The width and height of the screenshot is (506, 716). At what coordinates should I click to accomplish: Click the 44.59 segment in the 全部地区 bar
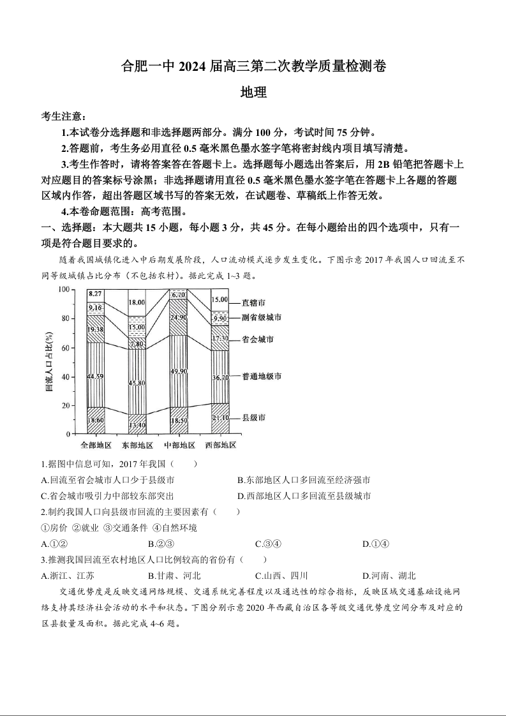click(96, 377)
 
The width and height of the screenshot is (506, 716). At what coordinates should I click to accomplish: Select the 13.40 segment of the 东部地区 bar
click(137, 424)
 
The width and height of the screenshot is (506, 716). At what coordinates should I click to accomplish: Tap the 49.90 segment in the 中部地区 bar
click(179, 371)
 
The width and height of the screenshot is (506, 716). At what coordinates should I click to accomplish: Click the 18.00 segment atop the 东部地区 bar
click(137, 302)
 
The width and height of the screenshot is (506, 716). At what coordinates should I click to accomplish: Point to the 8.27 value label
click(96, 294)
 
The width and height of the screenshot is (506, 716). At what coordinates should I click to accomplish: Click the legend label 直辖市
click(254, 302)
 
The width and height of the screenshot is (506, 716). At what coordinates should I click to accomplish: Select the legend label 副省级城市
click(262, 317)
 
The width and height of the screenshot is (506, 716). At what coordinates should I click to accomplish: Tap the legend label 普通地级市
click(262, 377)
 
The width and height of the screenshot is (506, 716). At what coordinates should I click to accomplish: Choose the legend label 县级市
click(254, 417)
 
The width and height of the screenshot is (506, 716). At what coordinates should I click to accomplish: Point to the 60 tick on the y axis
click(64, 347)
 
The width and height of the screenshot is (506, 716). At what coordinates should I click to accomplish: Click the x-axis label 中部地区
click(179, 445)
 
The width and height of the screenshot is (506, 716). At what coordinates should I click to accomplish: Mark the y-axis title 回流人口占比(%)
click(49, 361)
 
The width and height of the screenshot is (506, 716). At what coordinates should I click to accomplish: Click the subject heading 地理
click(253, 93)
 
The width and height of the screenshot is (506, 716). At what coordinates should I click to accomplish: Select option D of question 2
click(376, 544)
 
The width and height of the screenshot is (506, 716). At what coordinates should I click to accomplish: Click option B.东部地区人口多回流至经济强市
click(304, 480)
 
